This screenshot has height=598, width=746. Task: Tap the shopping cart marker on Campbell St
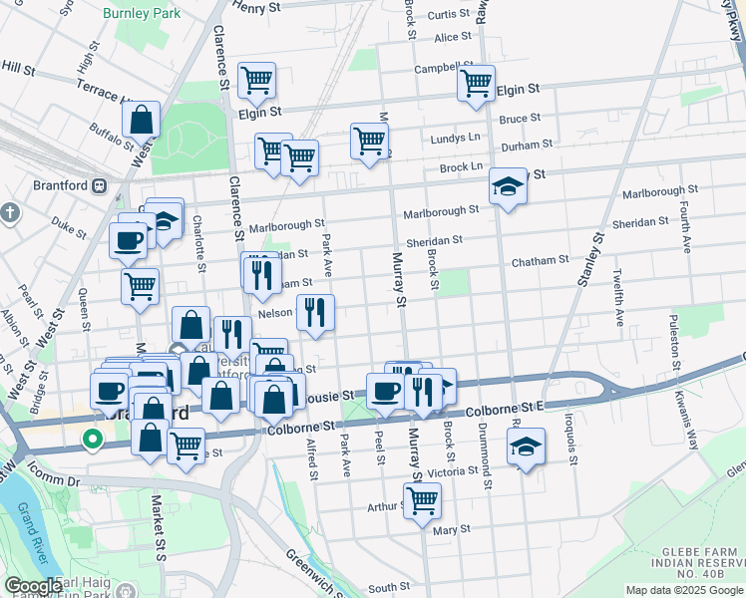(476, 83)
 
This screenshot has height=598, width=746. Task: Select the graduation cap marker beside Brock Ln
(508, 186)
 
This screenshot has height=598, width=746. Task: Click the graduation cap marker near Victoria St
(528, 448)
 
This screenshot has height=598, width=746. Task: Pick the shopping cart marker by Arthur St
(423, 500)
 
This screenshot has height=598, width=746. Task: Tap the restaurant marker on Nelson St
(315, 313)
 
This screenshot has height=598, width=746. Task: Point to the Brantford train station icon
(100, 185)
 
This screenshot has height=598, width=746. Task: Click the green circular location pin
(92, 438)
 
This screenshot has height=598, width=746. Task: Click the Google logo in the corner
(34, 586)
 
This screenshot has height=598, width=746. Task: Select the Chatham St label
(540, 260)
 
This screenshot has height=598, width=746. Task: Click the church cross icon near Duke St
(11, 212)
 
